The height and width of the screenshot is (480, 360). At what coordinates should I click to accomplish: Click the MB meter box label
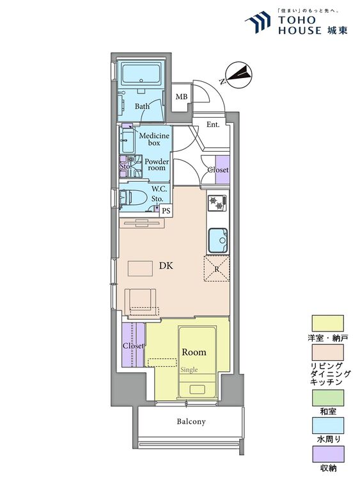coord(182,97)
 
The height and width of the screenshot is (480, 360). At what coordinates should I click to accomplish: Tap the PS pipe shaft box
coord(166,211)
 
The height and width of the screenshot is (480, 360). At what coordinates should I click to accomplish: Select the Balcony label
coord(191,422)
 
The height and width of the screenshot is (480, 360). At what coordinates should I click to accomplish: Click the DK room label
coord(166,266)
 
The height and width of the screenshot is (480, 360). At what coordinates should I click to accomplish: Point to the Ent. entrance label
coord(213,125)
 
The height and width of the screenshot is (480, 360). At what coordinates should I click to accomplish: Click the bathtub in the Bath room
coord(141,74)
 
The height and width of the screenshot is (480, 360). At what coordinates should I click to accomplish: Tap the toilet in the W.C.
coord(134,198)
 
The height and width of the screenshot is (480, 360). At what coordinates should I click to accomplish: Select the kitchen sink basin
coord(218,241)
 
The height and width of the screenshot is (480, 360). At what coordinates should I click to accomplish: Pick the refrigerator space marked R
coord(217,269)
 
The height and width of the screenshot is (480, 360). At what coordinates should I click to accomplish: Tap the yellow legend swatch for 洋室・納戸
coord(327,323)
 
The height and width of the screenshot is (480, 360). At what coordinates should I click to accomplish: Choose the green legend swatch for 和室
coord(327,397)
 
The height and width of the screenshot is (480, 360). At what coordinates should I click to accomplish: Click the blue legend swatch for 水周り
coord(327,426)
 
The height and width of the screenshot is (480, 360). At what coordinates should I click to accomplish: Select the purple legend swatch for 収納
coord(327,454)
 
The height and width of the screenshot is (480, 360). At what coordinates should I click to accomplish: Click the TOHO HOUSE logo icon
coord(258,21)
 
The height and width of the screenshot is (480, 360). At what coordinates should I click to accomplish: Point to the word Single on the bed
coord(189,370)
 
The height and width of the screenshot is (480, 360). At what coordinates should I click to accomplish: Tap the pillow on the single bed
coord(197,389)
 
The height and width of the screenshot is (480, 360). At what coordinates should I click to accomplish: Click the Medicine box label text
coord(154,139)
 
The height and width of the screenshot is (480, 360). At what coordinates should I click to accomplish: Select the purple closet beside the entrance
coord(223,170)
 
